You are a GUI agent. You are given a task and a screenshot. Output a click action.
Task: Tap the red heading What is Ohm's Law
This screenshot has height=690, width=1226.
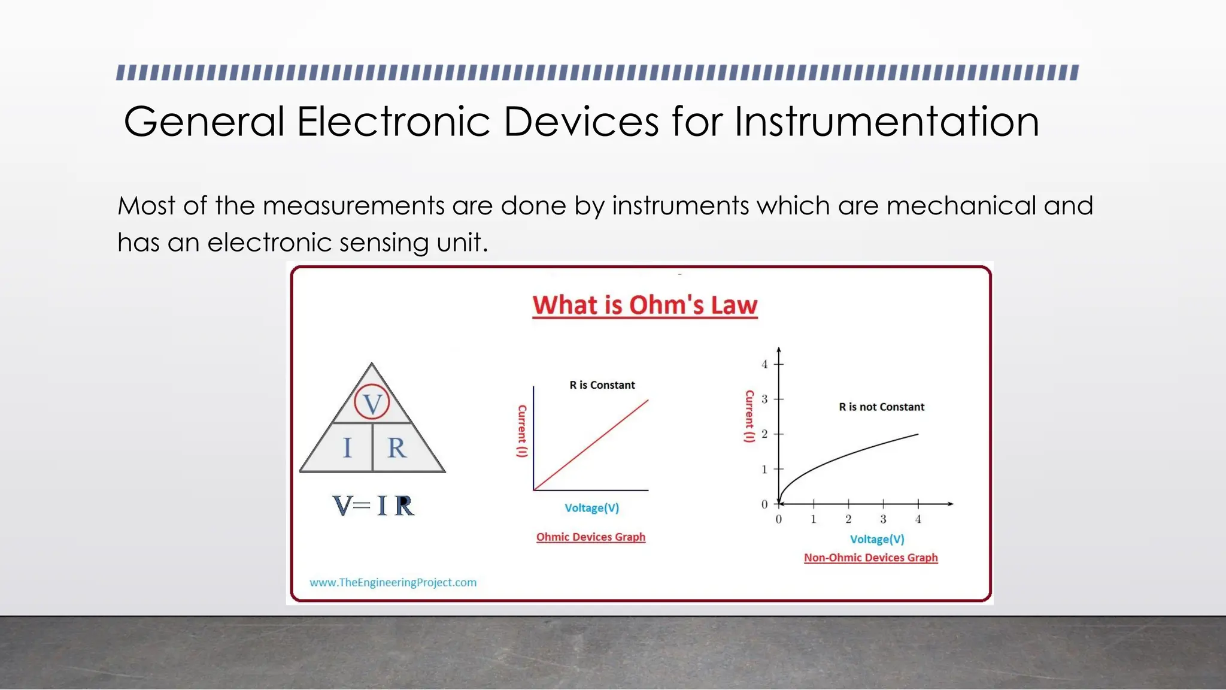point(645,305)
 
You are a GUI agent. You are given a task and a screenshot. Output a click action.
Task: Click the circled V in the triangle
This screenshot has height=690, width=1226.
point(372,403)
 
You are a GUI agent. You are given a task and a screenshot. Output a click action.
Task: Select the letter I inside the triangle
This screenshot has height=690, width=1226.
point(347,448)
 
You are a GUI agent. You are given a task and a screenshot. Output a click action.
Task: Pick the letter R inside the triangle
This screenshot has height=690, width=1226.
point(396,448)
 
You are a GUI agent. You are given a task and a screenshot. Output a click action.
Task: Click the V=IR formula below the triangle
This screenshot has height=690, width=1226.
point(373,506)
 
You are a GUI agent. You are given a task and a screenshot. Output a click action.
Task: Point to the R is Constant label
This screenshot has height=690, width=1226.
point(602,385)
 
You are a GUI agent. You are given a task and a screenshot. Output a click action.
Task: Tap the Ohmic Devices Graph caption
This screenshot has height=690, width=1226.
point(590,537)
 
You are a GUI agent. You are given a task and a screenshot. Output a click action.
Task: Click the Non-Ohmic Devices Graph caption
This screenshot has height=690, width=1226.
point(870,558)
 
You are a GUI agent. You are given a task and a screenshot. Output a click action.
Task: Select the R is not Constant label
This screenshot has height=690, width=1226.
point(881,407)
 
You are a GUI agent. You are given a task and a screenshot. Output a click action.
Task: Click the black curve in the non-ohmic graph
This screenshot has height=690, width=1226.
point(850,455)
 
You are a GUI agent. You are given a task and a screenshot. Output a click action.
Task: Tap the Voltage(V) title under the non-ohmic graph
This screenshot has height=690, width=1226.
point(877,539)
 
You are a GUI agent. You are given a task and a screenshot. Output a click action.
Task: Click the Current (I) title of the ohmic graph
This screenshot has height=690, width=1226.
point(522,431)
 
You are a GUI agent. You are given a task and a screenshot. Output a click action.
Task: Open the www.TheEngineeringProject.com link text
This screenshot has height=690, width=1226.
point(393,582)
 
